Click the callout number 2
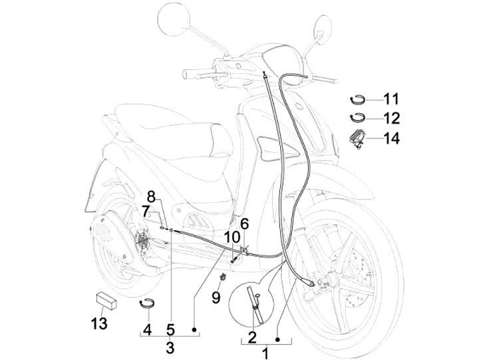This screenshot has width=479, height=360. pos(252,337)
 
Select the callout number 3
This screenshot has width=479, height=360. pos(170,347)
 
